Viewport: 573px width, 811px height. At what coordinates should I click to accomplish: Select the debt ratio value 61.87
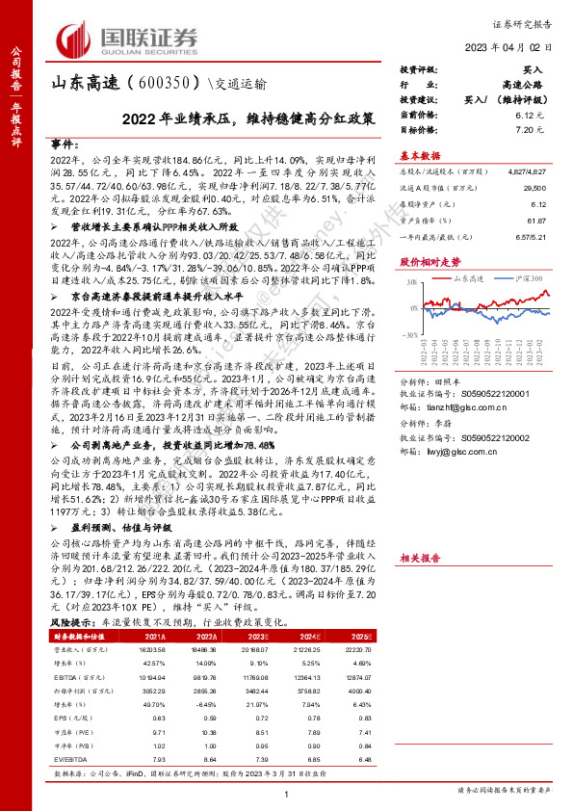536,221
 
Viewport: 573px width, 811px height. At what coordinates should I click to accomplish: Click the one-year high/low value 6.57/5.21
533,236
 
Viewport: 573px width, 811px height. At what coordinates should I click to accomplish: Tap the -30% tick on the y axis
411,333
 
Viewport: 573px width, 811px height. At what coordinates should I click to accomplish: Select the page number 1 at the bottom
286,793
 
